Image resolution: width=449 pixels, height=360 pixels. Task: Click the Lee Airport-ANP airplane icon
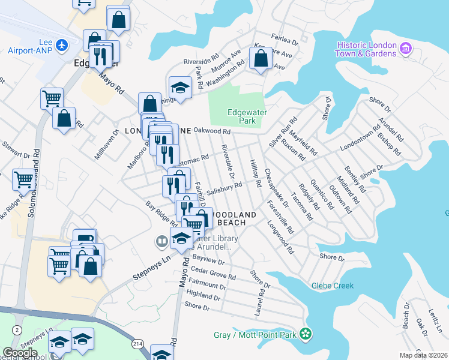coord(61,45)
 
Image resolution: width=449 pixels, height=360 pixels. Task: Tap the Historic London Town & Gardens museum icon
coord(406,49)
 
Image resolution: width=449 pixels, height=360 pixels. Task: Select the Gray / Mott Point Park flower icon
coord(306,334)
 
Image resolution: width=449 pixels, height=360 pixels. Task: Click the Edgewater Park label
coord(247,116)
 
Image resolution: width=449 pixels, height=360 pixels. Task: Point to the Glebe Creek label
coord(333,286)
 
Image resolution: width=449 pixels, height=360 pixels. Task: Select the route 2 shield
coord(17,330)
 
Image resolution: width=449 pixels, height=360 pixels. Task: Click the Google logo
coord(20,352)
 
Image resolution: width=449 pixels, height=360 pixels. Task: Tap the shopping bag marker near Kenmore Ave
coord(261,59)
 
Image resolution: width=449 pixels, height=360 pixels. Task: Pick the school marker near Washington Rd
coord(180,88)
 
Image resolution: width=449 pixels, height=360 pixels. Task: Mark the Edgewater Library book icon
coord(161,242)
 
